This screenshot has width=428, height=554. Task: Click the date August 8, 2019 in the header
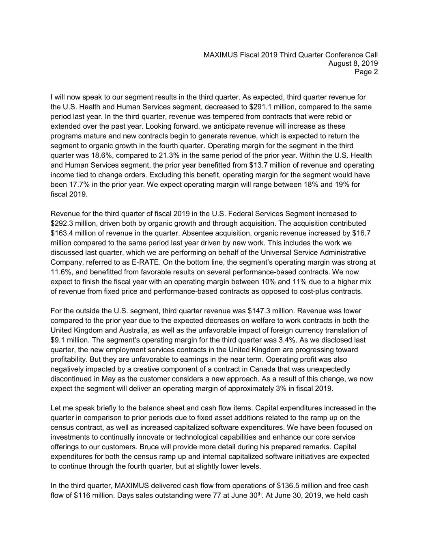(x=353, y=63)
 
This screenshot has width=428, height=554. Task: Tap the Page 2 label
(x=366, y=72)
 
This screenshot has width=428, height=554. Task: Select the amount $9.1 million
(x=68, y=340)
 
